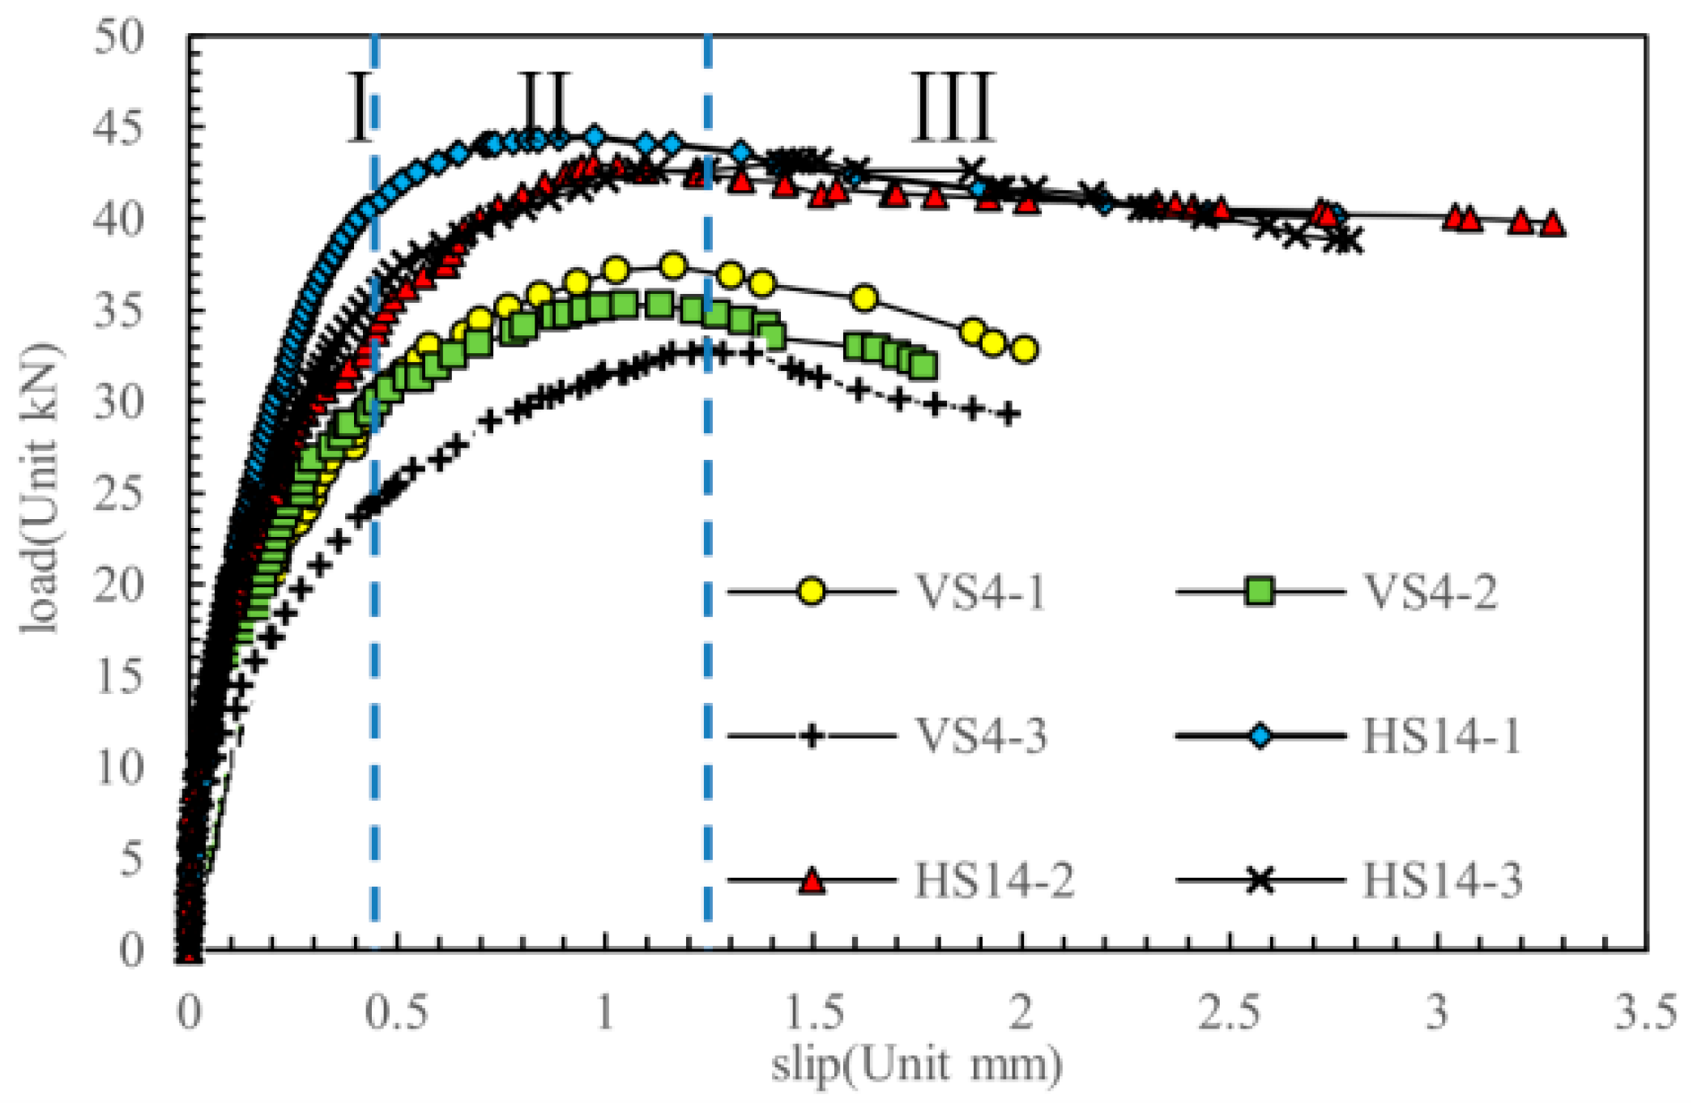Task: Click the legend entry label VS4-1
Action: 979,591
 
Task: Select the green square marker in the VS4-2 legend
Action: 1260,591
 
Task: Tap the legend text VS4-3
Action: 980,736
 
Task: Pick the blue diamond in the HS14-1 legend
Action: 1260,735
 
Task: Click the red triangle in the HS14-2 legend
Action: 812,880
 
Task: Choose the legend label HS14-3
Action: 1441,880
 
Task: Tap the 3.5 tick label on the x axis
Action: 1645,1011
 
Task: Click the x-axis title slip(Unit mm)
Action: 916,1064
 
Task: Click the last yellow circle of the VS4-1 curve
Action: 1025,350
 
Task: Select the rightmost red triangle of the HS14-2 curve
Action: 1551,224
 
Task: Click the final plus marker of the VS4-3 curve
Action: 1008,415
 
